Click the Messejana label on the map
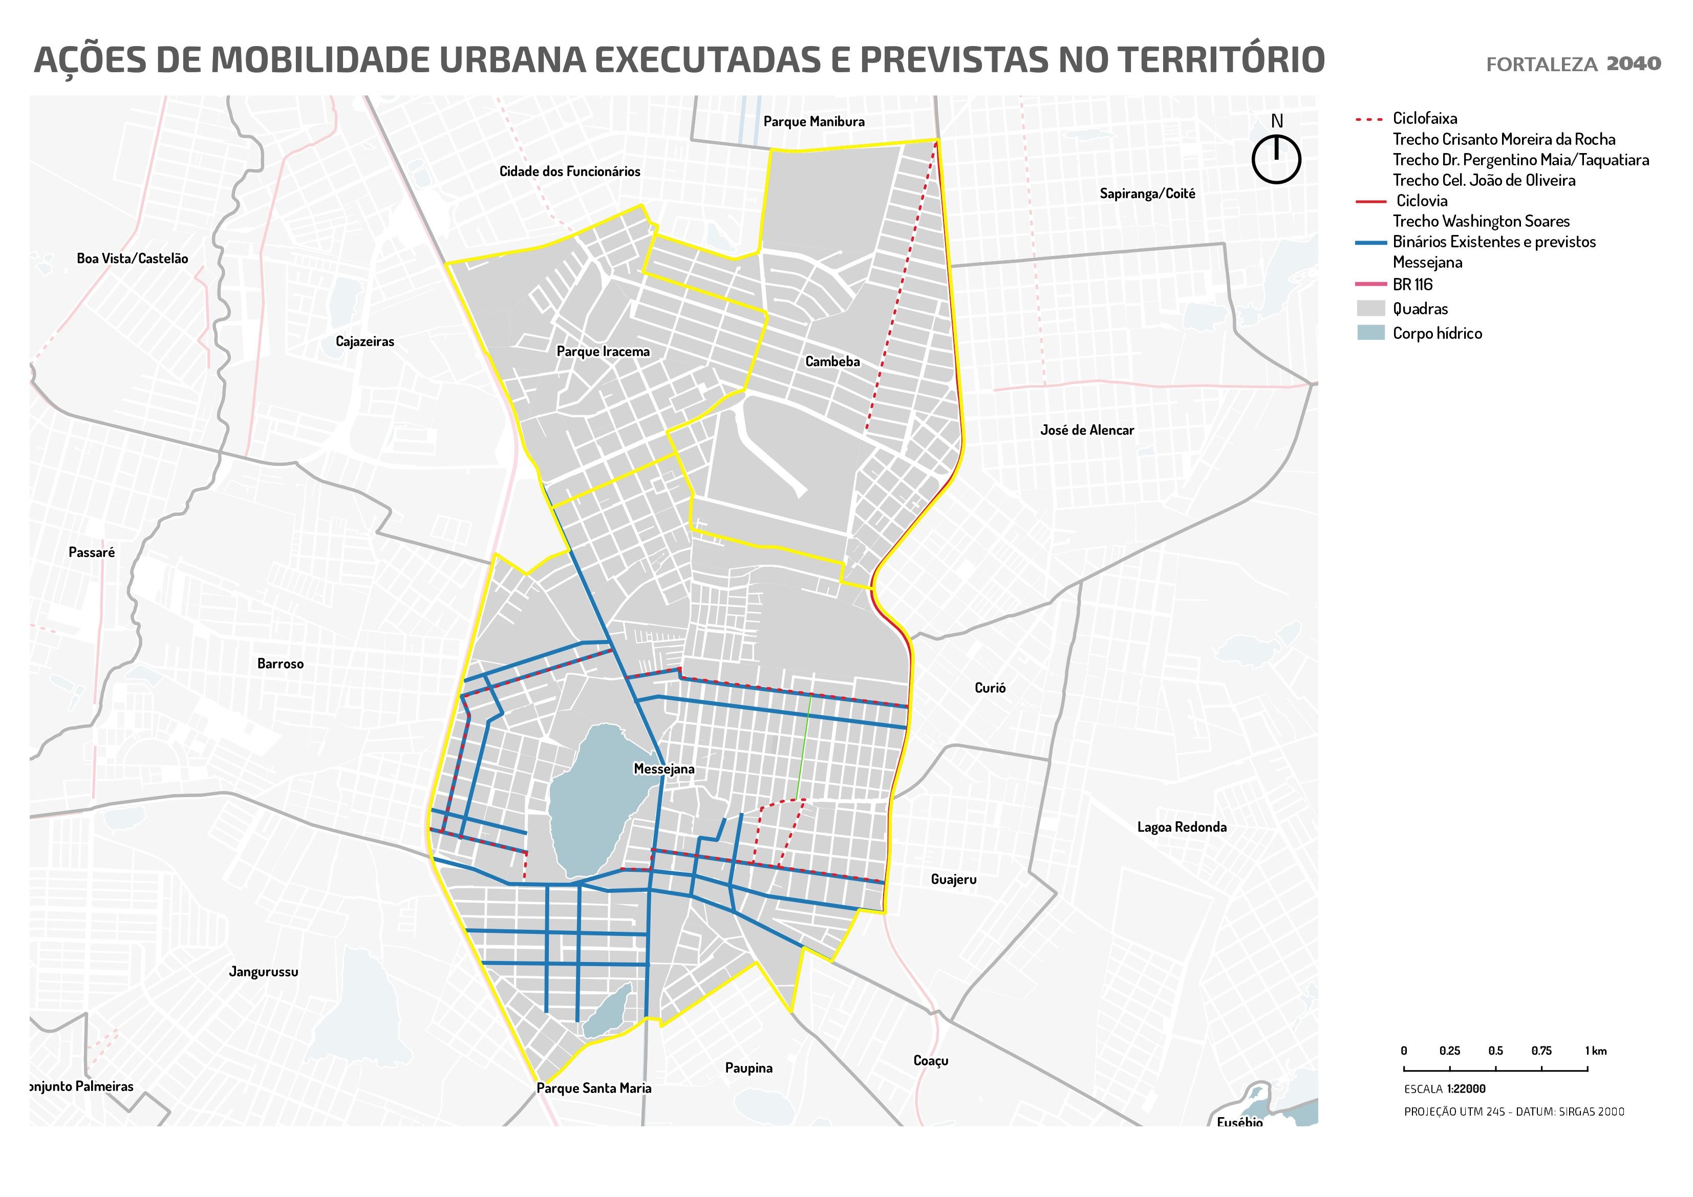click(x=663, y=769)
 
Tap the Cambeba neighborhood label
click(x=832, y=361)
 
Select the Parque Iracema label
click(x=603, y=352)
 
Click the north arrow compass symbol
click(x=1276, y=158)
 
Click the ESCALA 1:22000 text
click(x=1445, y=1088)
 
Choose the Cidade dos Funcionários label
click(x=569, y=171)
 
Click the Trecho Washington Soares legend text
click(x=1481, y=221)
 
